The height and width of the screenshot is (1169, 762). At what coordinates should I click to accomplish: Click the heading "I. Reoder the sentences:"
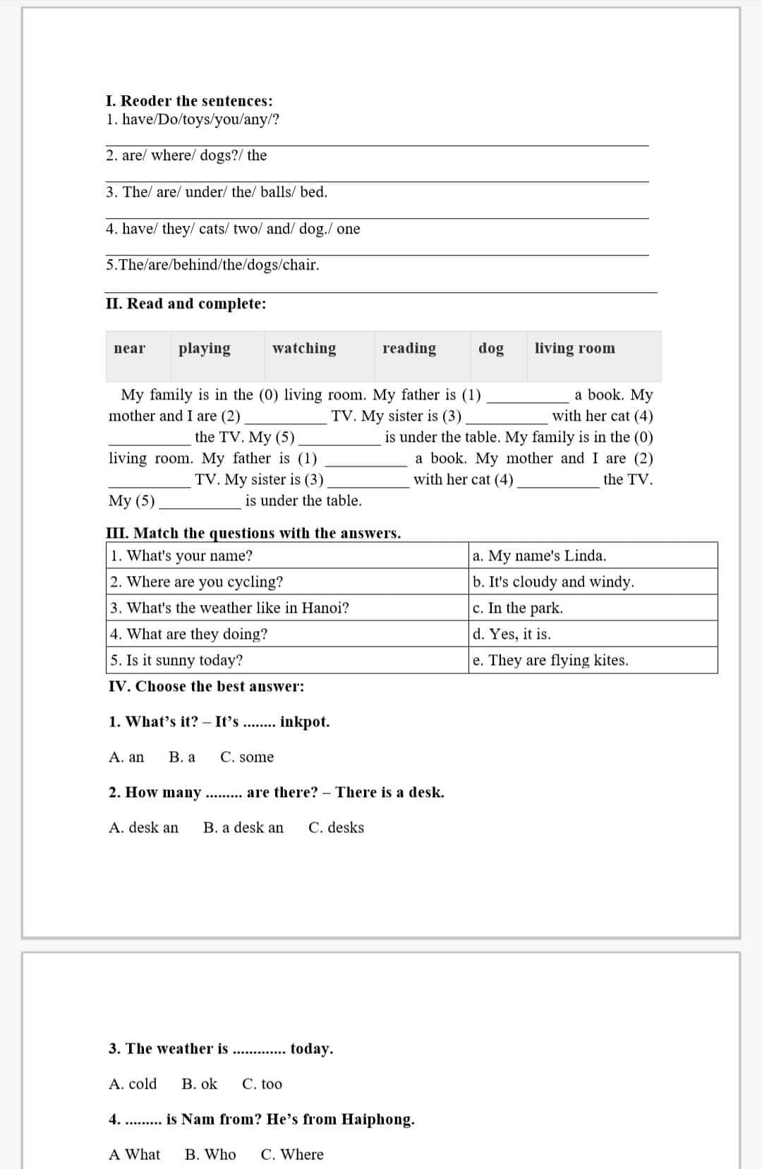(x=189, y=101)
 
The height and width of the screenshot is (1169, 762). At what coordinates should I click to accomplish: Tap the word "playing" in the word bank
(x=205, y=348)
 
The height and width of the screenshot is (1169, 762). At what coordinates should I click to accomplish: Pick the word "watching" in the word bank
(x=304, y=348)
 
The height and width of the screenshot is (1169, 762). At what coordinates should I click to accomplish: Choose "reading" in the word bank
(x=409, y=348)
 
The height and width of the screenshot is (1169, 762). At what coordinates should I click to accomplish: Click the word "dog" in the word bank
(x=491, y=348)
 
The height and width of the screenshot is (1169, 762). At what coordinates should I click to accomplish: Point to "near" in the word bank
(x=130, y=348)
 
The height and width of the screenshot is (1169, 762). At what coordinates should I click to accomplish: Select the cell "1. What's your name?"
(x=181, y=556)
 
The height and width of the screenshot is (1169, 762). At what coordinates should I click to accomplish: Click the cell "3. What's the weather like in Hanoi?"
(x=229, y=608)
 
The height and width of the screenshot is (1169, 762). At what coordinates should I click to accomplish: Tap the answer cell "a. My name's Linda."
(x=539, y=556)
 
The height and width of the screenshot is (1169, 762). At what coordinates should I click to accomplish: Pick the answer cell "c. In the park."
(x=518, y=608)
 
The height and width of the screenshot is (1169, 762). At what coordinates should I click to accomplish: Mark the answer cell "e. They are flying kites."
(x=550, y=660)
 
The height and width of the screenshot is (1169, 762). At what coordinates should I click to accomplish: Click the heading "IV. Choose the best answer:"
(x=206, y=686)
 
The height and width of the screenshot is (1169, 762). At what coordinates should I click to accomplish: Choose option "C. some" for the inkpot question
(x=247, y=757)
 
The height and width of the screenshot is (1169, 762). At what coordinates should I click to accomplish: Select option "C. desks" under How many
(x=336, y=827)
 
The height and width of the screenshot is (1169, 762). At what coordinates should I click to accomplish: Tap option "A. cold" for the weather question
(x=133, y=1084)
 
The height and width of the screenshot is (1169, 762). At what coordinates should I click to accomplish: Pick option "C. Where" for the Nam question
(x=292, y=1154)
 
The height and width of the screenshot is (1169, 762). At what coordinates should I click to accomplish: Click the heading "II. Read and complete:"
(x=186, y=304)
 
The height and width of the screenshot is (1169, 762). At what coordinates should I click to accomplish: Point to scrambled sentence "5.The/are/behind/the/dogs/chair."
(x=212, y=265)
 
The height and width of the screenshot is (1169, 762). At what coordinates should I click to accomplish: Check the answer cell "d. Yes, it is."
(x=512, y=634)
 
